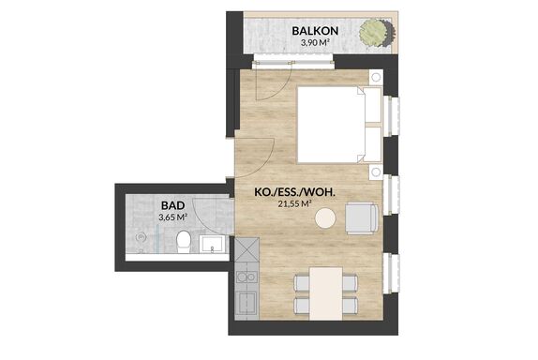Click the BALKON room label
click(315, 31)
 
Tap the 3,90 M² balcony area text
click(315, 43)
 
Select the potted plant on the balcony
click(376, 33)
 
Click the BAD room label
click(172, 205)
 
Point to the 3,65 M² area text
click(172, 217)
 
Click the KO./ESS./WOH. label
click(294, 192)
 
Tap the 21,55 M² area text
click(294, 204)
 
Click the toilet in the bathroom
click(184, 242)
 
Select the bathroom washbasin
click(213, 244)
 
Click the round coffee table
click(325, 217)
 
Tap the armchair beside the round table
click(362, 218)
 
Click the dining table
click(326, 293)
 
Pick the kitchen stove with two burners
click(247, 277)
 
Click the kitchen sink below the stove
click(247, 303)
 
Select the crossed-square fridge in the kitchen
click(247, 249)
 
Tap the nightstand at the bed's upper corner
click(376, 77)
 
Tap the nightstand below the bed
click(376, 172)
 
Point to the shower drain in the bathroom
click(141, 236)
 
